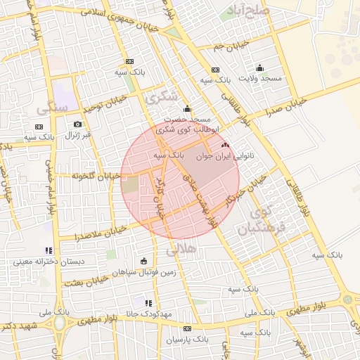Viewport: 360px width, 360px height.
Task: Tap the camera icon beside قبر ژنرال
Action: coord(77,124)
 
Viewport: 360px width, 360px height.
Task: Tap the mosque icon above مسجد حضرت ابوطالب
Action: coord(187,109)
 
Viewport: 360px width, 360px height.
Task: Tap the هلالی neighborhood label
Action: coord(181,249)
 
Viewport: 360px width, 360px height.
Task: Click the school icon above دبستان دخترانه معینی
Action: coord(49,250)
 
